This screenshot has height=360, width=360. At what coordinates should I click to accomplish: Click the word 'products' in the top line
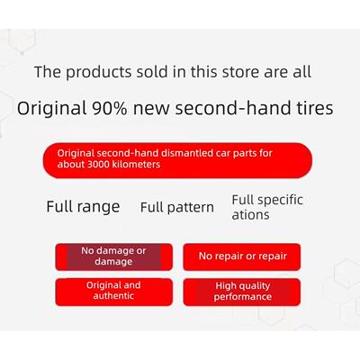(98, 73)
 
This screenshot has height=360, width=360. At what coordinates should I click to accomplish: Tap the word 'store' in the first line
(241, 72)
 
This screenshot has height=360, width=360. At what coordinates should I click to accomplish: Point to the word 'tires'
(315, 108)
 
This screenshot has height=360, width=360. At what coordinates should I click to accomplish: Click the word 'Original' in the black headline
(51, 109)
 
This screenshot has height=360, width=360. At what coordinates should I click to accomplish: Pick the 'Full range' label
(83, 207)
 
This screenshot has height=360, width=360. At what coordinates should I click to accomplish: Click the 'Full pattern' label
(177, 208)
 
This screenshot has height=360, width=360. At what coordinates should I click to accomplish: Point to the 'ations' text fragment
(250, 215)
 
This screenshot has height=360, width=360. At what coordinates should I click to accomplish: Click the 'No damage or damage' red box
(114, 256)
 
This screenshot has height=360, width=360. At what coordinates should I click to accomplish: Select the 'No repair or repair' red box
(242, 256)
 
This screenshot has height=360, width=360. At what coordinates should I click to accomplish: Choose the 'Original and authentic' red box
(114, 292)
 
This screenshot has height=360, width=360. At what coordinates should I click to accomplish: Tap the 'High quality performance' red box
(242, 292)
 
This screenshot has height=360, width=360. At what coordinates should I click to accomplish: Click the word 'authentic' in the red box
(113, 296)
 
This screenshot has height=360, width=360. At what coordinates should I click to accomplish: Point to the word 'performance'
(243, 297)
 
